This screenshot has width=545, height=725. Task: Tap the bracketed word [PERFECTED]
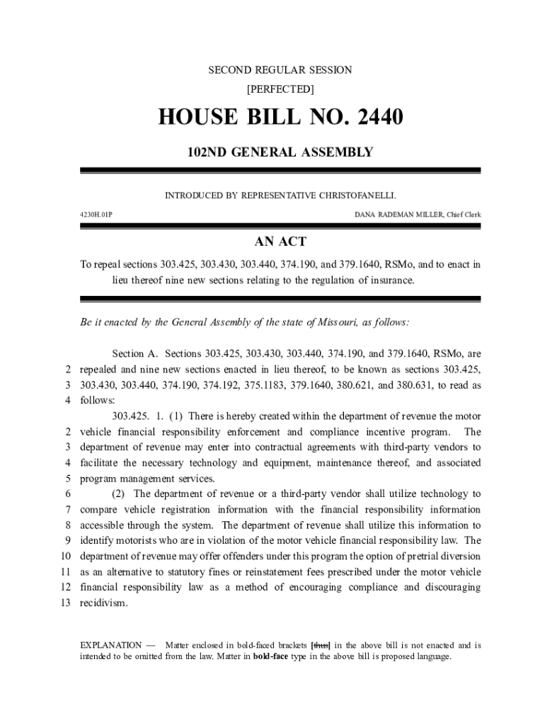tap(280, 90)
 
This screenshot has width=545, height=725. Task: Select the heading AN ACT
tap(281, 242)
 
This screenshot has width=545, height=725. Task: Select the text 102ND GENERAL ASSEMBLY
tap(280, 152)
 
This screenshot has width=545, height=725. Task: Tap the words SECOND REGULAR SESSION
tap(280, 70)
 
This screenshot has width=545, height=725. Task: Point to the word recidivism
tap(104, 603)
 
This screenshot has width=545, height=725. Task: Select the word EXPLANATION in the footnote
tap(110, 645)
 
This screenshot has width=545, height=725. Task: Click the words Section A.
tap(135, 353)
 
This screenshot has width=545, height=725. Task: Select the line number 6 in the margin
tap(67, 493)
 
